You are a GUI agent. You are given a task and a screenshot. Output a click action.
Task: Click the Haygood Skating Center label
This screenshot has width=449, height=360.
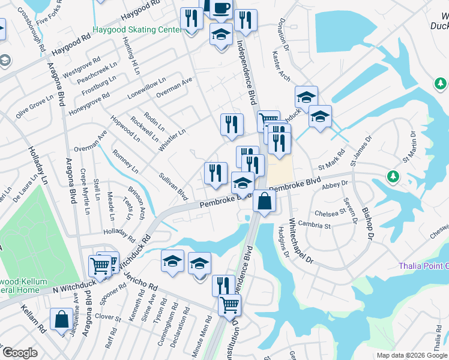(x=137, y=29)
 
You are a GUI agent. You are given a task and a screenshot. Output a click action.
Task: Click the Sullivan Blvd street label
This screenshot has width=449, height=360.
(x=173, y=187)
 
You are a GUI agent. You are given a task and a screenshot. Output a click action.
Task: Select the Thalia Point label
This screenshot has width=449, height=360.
(x=423, y=266)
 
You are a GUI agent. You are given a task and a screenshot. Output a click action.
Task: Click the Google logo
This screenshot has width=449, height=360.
(x=20, y=353)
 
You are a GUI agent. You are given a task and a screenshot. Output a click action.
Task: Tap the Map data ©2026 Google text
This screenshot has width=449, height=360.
(x=412, y=355)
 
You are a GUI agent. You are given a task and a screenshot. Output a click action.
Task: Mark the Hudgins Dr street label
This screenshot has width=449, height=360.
(x=283, y=242)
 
